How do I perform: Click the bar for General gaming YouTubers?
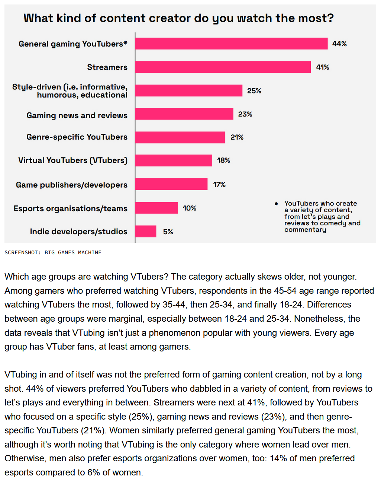click(231, 44)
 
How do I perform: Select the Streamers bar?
click(223, 67)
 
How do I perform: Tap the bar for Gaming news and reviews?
click(184, 114)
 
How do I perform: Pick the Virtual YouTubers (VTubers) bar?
click(173, 160)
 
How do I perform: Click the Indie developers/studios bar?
click(146, 231)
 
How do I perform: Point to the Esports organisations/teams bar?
click(156, 208)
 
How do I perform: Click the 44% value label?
click(339, 44)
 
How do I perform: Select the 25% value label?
click(254, 91)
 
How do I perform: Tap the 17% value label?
click(219, 184)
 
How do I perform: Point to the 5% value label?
click(168, 232)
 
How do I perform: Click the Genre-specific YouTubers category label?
click(77, 137)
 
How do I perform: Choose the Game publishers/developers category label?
click(72, 185)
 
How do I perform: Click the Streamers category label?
click(107, 67)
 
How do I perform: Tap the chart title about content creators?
click(178, 18)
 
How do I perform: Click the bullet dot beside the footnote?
click(276, 204)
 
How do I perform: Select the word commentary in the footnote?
click(305, 230)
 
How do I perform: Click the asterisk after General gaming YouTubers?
click(125, 43)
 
